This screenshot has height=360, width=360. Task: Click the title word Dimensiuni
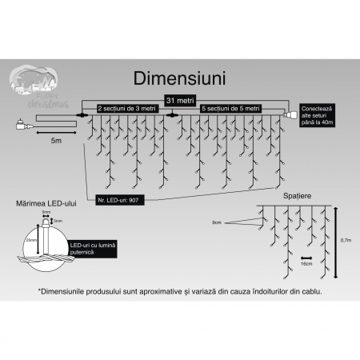pyautogui.click(x=180, y=78)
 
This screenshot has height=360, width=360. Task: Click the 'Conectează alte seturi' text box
pyautogui.click(x=318, y=115)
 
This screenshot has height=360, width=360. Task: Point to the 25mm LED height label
pyautogui.click(x=30, y=239)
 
